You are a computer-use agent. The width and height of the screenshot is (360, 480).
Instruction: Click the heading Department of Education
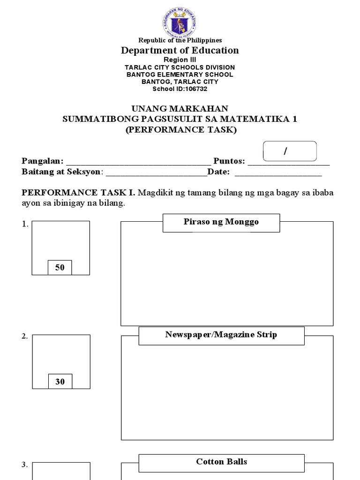click(180, 50)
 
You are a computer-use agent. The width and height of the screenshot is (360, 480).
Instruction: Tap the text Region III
click(180, 60)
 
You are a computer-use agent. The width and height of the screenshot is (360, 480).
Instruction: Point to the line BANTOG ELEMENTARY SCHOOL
click(180, 74)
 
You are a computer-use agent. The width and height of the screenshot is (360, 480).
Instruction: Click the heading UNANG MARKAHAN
click(180, 109)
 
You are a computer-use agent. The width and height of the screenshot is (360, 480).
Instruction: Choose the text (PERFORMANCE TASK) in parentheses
click(180, 129)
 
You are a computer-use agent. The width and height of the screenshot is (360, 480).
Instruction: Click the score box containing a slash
click(290, 151)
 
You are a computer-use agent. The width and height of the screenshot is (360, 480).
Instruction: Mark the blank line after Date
click(278, 173)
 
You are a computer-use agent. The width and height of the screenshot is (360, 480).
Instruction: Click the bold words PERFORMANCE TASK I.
click(78, 193)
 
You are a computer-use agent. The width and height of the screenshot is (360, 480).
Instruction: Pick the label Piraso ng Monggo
click(221, 222)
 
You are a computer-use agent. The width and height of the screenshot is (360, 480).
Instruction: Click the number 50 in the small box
click(60, 268)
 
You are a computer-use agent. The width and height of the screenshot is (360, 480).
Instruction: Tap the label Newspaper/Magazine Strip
click(221, 335)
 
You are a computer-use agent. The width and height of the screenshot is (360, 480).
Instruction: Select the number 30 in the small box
click(60, 382)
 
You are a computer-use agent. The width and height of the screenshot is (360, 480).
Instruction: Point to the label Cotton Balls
click(221, 462)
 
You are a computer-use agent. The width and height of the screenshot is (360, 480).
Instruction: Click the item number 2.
click(24, 337)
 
